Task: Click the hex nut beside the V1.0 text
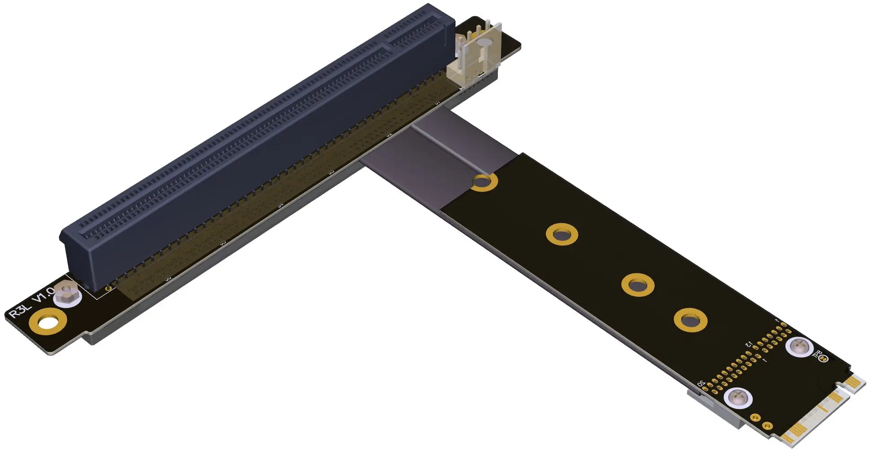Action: pos(67,295)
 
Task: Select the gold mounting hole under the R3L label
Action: pos(48,322)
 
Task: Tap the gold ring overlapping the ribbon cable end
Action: pos(485,182)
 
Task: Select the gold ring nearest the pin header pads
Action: pos(690,320)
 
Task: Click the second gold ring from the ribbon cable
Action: pos(562,234)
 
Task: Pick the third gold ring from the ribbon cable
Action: pos(638,285)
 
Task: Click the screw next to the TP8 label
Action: pos(799,347)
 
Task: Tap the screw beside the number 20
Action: pos(737,398)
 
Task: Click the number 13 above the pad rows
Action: pos(749,344)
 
